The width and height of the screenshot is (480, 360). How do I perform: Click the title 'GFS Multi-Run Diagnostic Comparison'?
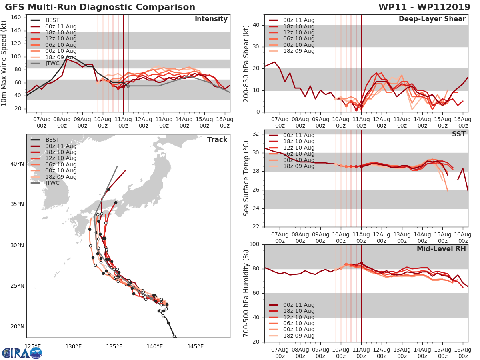click(100, 7)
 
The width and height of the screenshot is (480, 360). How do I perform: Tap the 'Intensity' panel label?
click(211, 19)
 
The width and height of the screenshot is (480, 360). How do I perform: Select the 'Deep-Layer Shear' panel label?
click(432, 19)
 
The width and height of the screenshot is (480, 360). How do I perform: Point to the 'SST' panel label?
click(459, 134)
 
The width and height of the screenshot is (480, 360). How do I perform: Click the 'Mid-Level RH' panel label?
click(441, 249)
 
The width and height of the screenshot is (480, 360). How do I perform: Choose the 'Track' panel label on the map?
click(217, 140)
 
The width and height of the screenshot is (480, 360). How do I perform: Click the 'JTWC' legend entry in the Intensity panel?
click(52, 63)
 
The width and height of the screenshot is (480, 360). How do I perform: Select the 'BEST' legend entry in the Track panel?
click(52, 140)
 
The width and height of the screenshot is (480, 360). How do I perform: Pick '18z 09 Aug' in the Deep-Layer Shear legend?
click(299, 51)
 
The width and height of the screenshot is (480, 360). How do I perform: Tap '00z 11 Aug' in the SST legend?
click(299, 135)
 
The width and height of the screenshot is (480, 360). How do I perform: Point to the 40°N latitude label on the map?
click(17, 164)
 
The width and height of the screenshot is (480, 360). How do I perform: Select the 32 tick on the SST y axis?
click(257, 134)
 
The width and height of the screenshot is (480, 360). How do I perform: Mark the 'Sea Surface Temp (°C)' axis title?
click(246, 178)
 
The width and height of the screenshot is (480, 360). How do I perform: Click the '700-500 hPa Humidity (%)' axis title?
click(246, 293)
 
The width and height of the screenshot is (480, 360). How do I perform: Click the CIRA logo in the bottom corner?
click(22, 353)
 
